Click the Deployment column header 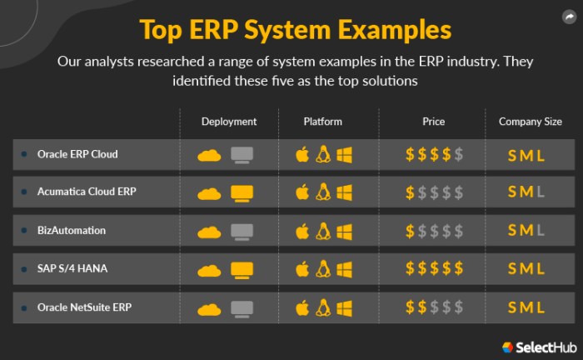pos(229,122)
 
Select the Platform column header pos(323,122)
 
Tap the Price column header pos(433,122)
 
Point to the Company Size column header pos(530,122)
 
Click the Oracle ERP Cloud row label pos(77,154)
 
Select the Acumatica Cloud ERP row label pos(87,192)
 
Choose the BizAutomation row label pos(72,230)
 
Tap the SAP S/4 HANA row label pos(73,268)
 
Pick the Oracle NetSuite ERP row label pos(84,307)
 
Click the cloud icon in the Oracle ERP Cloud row pos(209,155)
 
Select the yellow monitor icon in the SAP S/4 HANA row pos(242,269)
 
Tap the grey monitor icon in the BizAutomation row pos(242,232)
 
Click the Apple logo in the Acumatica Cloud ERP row pos(302,192)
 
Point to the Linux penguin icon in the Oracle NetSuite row pos(323,307)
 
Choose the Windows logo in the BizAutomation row pos(344,231)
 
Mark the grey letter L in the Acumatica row pos(541,192)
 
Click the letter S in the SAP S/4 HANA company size pos(512,269)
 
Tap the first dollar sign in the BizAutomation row pos(410,231)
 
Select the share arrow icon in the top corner pos(568,16)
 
